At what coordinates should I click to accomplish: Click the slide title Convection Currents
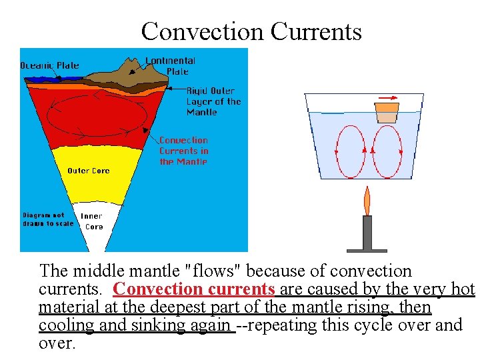(251, 31)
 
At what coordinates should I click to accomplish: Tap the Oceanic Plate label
(49, 65)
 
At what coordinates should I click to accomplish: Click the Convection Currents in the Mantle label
(183, 151)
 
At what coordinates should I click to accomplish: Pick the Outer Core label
(89, 171)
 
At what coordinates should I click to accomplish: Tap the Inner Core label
(93, 221)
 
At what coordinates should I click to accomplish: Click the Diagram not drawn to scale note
(47, 219)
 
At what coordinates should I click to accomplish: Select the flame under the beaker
(366, 200)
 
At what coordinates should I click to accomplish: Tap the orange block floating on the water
(387, 112)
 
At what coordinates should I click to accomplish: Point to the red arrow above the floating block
(386, 97)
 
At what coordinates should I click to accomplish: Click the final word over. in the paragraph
(57, 343)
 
